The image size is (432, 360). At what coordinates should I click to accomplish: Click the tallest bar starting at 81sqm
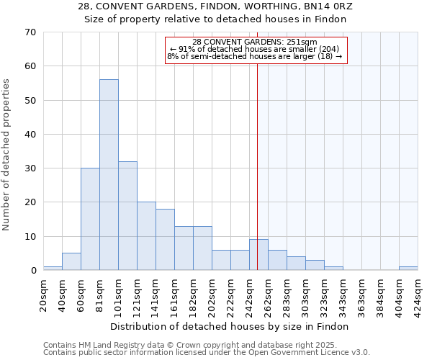coord(109,175)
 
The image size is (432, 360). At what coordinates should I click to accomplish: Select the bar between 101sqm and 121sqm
coord(127,216)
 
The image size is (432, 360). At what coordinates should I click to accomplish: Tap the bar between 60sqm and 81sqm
coord(90,219)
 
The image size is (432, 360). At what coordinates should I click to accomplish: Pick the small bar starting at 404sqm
coord(408,268)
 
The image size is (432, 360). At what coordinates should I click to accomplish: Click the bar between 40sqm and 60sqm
coord(71,262)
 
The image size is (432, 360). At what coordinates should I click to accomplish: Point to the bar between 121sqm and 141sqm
coord(146,236)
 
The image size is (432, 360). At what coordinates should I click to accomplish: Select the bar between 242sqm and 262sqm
coord(258,255)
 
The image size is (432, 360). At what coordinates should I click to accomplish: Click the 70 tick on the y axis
coord(30,32)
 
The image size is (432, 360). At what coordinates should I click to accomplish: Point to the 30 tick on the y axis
coord(30,168)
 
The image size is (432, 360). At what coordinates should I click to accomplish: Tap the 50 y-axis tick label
coord(30,101)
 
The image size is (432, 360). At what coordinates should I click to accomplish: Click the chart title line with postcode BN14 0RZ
coord(215,6)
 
